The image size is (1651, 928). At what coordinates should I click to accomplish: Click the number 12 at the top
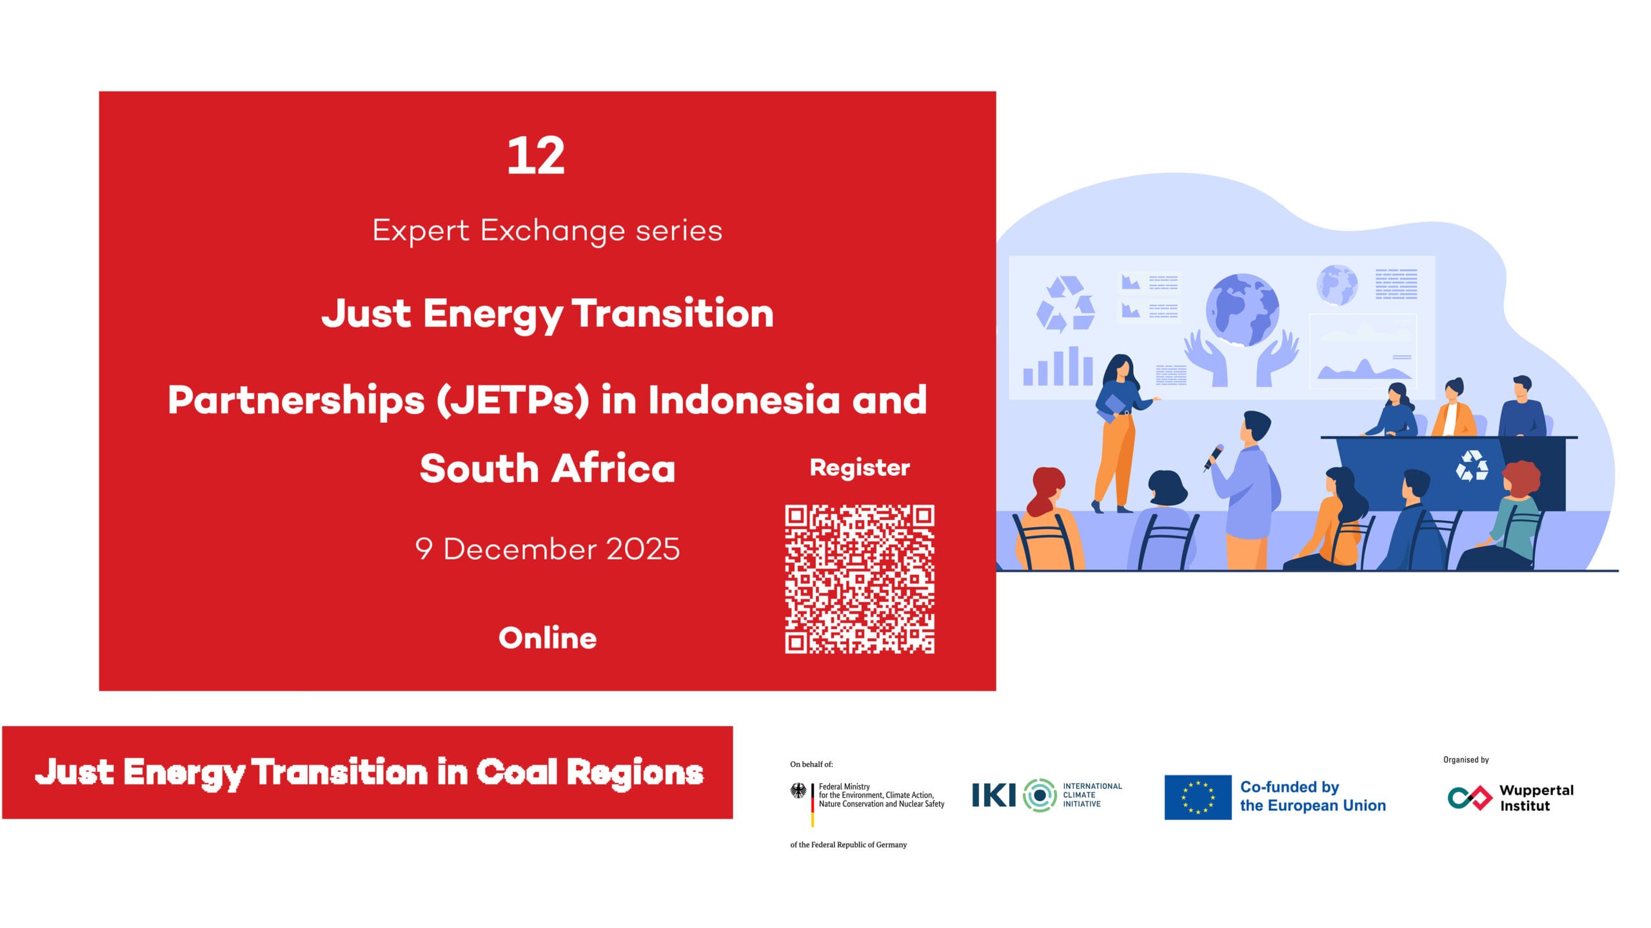coord(536,155)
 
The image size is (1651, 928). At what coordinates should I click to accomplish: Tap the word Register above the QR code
coord(860,468)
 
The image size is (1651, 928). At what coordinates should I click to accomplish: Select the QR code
coord(860,579)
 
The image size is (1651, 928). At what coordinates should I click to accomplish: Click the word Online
coord(548,637)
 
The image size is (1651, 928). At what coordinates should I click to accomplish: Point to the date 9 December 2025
coord(548,549)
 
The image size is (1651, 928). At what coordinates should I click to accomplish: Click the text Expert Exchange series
coord(548,231)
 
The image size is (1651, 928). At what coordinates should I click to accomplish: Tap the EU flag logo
coord(1198,797)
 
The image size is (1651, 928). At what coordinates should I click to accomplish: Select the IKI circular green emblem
coord(1040,795)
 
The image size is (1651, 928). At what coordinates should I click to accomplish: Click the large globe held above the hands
coord(1242,310)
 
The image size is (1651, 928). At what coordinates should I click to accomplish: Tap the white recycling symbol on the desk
coord(1472,466)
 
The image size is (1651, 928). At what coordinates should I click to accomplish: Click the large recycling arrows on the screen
coord(1065,304)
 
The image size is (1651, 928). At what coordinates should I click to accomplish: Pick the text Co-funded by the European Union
coord(1312,797)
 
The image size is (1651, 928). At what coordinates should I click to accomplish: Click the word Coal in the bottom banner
coord(517,773)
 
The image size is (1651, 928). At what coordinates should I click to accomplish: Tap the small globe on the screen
coord(1337,285)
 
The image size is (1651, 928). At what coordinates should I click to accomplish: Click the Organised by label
coord(1466,760)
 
